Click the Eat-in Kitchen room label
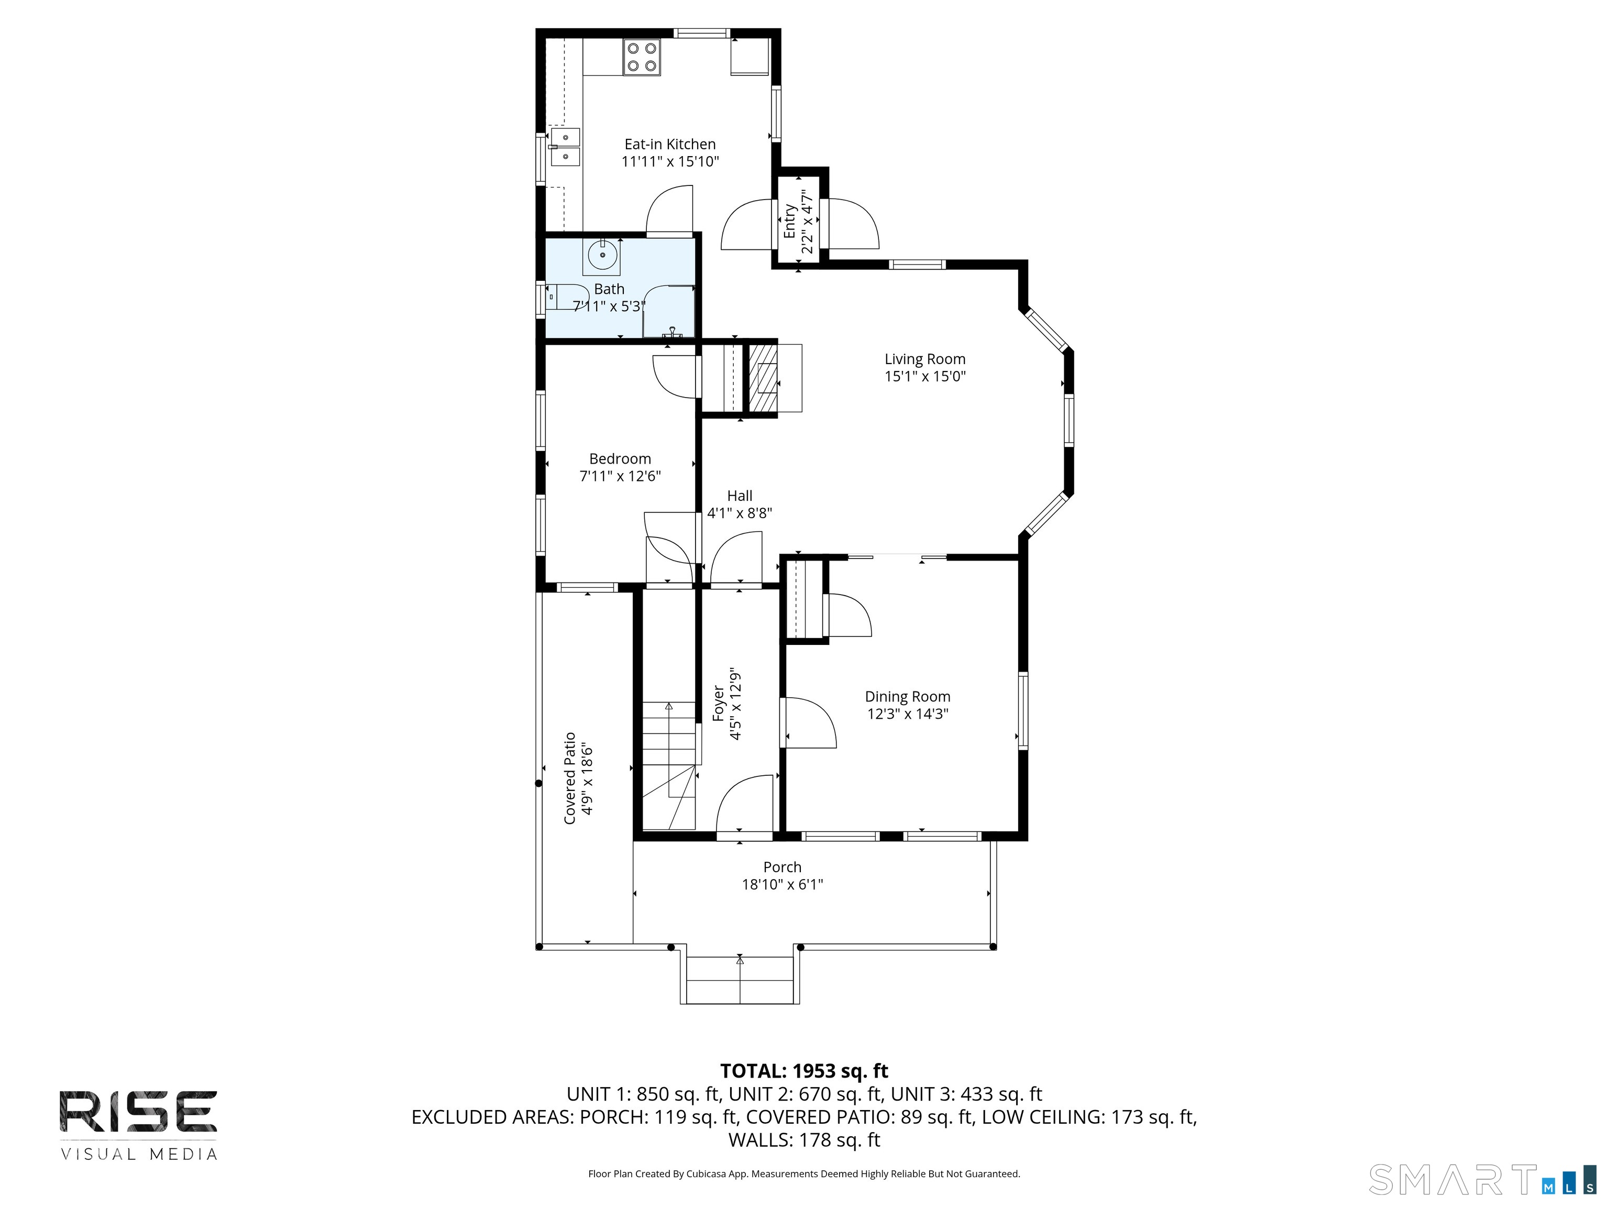click(670, 144)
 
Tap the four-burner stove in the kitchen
click(642, 58)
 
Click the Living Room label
click(924, 359)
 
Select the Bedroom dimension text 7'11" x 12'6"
click(620, 476)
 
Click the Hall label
click(740, 496)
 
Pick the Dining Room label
click(907, 696)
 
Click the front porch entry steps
click(740, 980)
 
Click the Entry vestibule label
click(789, 221)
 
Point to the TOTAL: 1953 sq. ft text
click(804, 1071)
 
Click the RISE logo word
click(138, 1112)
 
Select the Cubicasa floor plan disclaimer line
click(804, 1173)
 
